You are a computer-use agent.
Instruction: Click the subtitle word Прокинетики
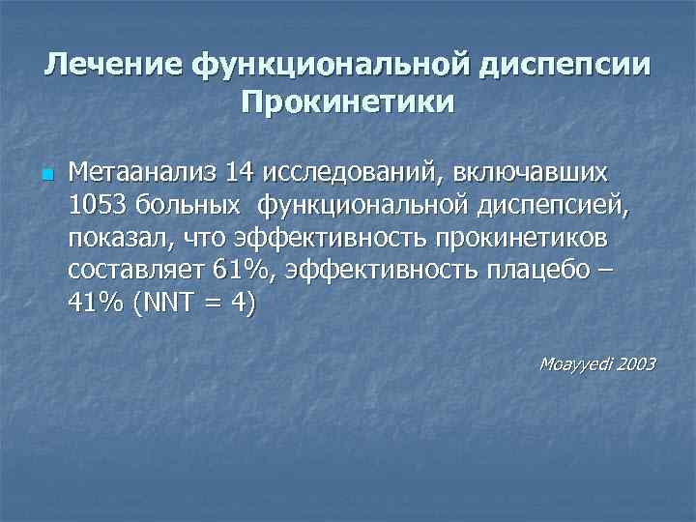click(348, 101)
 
